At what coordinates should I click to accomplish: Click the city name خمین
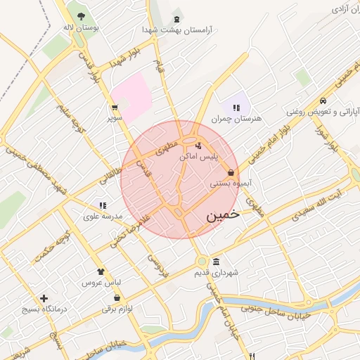point(223,215)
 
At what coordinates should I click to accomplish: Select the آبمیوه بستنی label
point(226,184)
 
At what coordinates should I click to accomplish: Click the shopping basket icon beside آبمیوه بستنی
point(231,172)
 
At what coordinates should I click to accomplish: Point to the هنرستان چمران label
point(240,119)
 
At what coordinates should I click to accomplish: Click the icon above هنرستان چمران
point(236,108)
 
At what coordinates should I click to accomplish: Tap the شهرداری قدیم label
point(217,273)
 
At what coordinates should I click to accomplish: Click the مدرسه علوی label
point(103,217)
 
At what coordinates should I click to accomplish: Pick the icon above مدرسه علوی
point(103,206)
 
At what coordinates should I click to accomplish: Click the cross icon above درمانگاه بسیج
point(44,298)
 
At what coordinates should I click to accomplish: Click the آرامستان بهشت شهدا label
point(177,30)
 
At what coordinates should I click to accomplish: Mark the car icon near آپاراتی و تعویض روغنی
point(323,100)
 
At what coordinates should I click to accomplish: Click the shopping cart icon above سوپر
point(114,108)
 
